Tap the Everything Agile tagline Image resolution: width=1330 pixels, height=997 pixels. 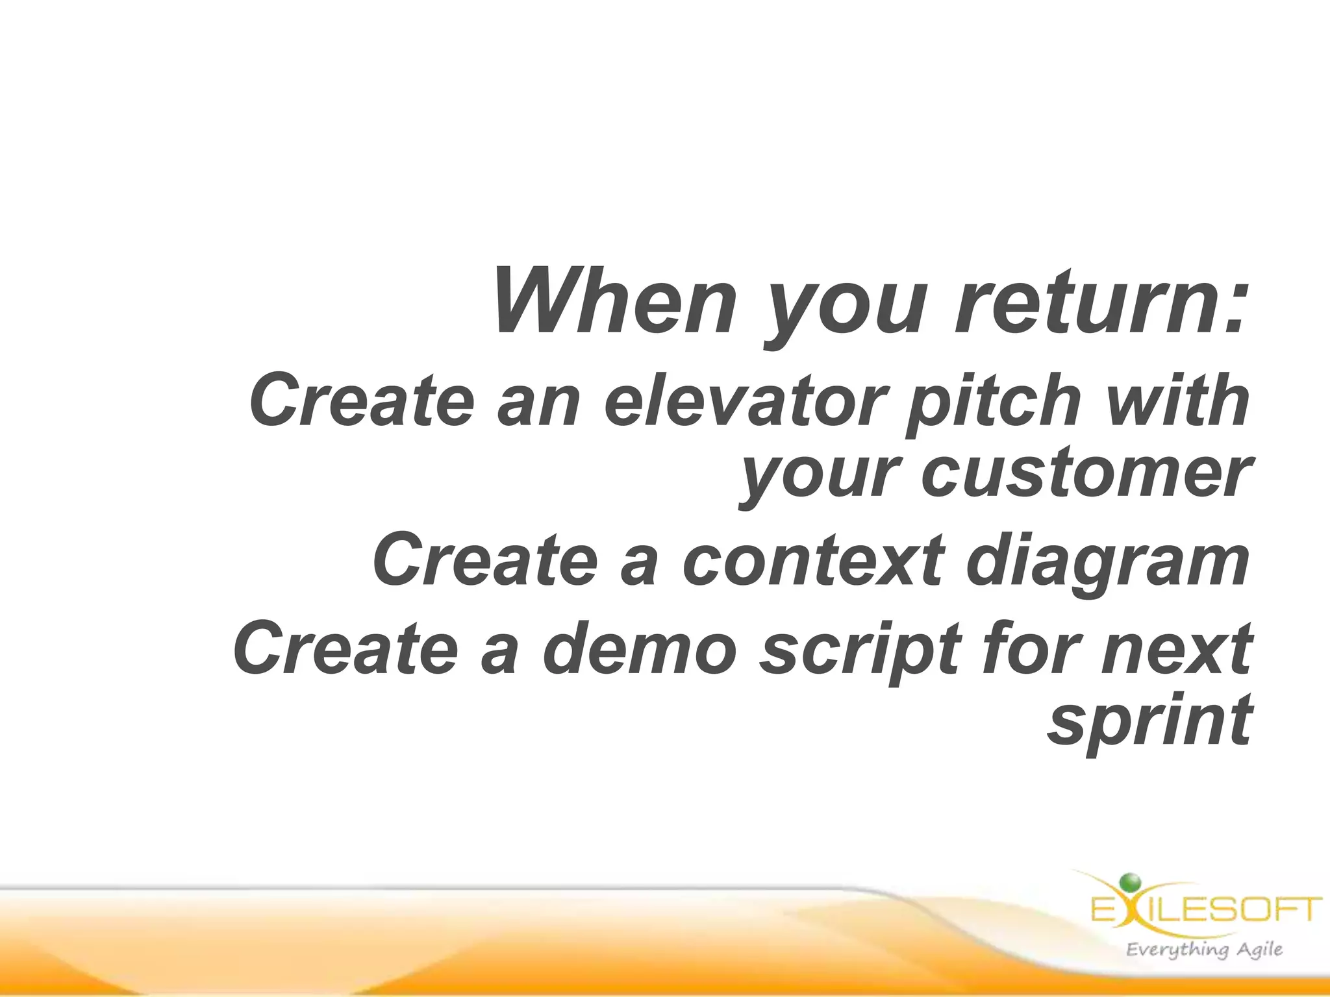[1204, 950]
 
